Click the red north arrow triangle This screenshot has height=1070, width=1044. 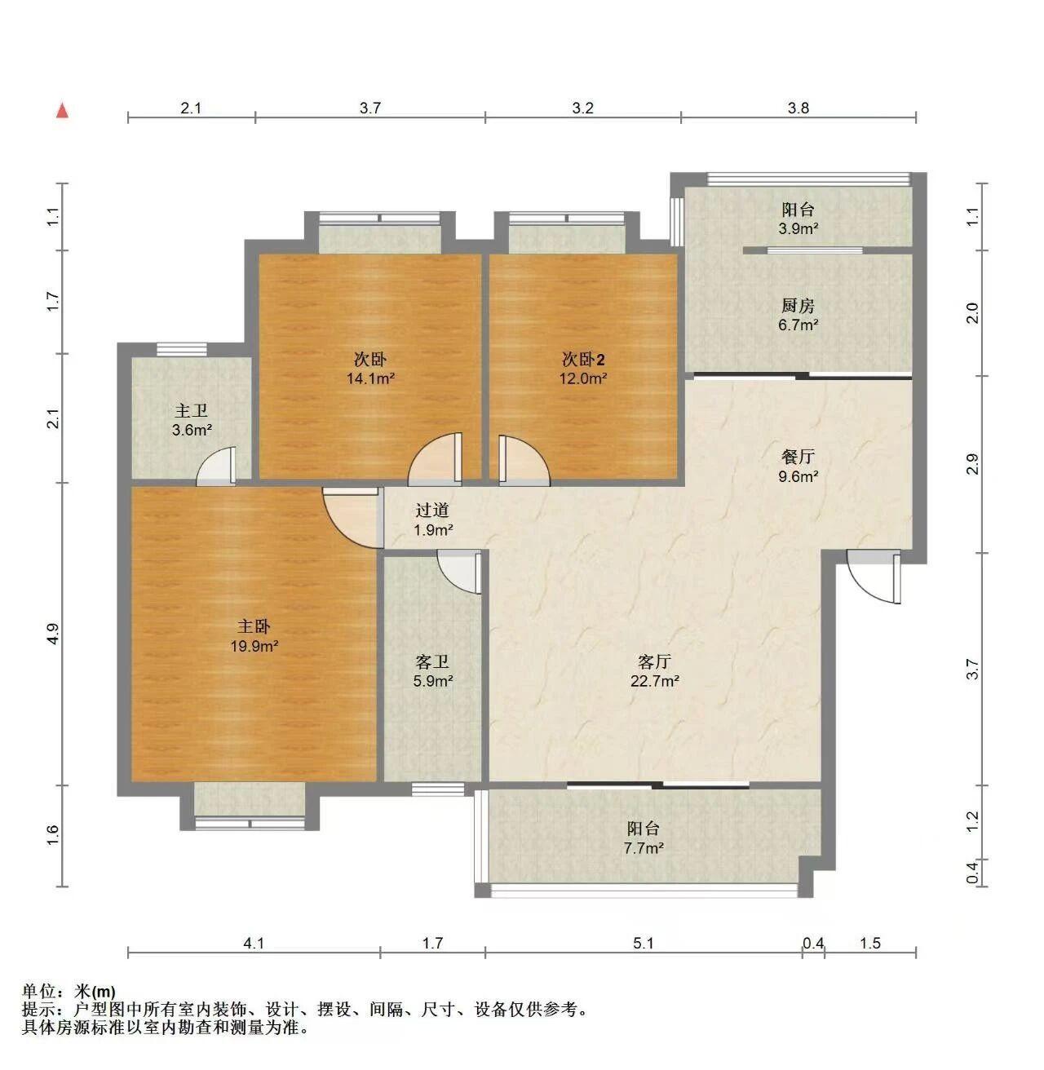pyautogui.click(x=64, y=111)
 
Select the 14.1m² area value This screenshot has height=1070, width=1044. pyautogui.click(x=370, y=378)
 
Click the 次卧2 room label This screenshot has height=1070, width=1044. pyautogui.click(x=583, y=360)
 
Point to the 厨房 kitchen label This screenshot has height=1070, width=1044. pyautogui.click(x=798, y=305)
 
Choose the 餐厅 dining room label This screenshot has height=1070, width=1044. pyautogui.click(x=798, y=457)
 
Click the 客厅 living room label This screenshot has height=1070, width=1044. pyautogui.click(x=654, y=661)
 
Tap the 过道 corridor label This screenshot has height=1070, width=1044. pyautogui.click(x=432, y=510)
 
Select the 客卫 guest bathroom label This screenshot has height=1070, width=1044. pyautogui.click(x=432, y=661)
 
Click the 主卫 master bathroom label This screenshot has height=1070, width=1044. pyautogui.click(x=192, y=410)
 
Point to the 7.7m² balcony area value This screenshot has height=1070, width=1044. pyautogui.click(x=644, y=848)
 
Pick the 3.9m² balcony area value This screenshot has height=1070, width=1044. pyautogui.click(x=798, y=228)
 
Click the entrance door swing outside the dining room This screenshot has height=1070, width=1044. pyautogui.click(x=874, y=577)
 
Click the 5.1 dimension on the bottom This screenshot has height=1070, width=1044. pyautogui.click(x=644, y=943)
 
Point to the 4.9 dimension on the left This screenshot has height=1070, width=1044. pyautogui.click(x=52, y=634)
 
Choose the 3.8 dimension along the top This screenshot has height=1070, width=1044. pyautogui.click(x=798, y=108)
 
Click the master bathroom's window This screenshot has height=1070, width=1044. pyautogui.click(x=182, y=349)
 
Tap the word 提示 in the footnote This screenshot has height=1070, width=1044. pyautogui.click(x=38, y=1010)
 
